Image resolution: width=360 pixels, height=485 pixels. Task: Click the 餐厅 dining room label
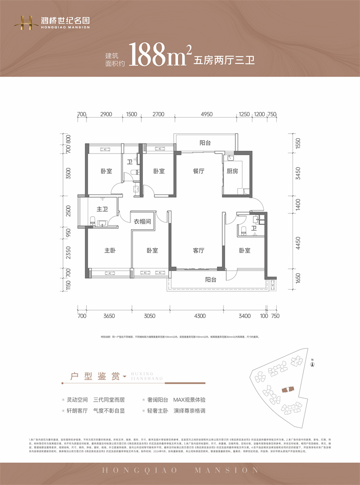tap(199, 172)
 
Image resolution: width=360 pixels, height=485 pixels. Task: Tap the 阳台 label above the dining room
tap(205, 143)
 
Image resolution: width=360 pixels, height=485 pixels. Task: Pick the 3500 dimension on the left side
tap(68, 173)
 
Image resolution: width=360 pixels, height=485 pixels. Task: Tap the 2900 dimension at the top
tap(106, 115)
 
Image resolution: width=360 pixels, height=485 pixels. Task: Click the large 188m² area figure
tap(157, 55)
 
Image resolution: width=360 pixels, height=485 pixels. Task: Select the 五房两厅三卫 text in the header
tap(224, 60)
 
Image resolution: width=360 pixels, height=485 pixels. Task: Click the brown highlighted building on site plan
tap(287, 390)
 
